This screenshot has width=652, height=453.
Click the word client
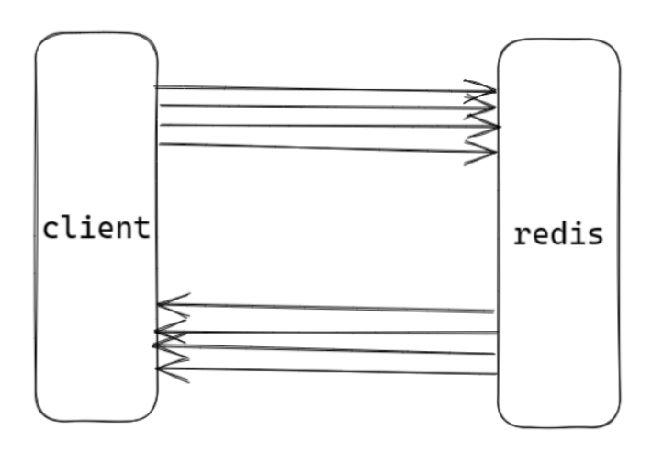pos(96,227)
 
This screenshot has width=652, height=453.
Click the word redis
pos(558,233)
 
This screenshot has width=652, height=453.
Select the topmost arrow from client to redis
pos(321,89)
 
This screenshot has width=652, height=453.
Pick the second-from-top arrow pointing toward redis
pos(321,107)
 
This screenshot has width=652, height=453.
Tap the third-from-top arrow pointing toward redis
pos(321,126)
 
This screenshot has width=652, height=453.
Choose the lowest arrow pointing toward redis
pos(321,147)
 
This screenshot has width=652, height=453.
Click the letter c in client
pos(51,229)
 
